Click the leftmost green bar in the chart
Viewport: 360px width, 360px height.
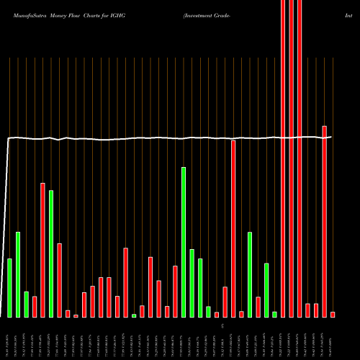[9, 288]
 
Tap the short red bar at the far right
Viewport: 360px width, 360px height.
[333, 314]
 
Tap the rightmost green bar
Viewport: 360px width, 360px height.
[274, 314]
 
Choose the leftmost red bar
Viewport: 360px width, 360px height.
[35, 307]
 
